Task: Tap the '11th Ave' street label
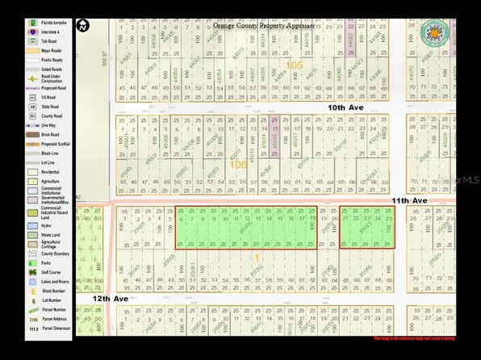(x=410, y=200)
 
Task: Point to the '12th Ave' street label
(x=110, y=299)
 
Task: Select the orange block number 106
(x=238, y=164)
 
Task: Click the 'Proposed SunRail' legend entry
(x=56, y=144)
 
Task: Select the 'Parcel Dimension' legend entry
(x=56, y=329)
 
